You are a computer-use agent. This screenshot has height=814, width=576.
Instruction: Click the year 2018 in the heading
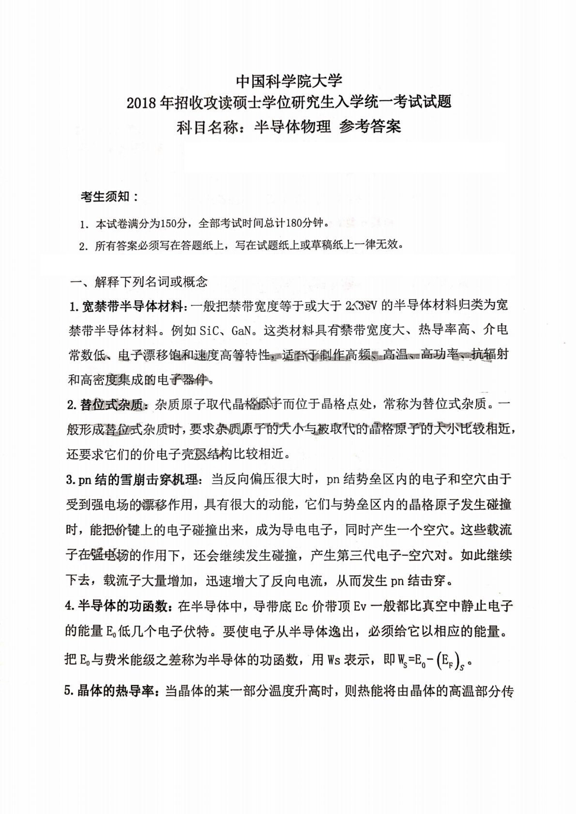pos(141,103)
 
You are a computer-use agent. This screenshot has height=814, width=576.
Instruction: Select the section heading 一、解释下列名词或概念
pos(138,281)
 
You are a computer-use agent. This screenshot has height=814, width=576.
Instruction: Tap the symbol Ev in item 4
pos(361,606)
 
